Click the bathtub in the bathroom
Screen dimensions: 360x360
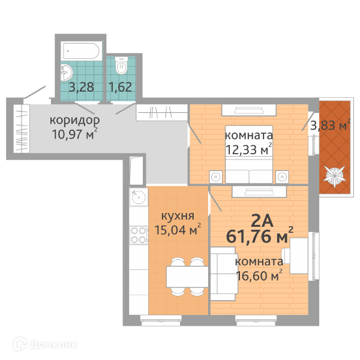pyautogui.click(x=81, y=51)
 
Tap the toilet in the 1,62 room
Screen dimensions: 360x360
pyautogui.click(x=121, y=65)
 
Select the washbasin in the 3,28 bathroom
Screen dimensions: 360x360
pyautogui.click(x=67, y=72)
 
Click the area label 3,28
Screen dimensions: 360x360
pyautogui.click(x=81, y=87)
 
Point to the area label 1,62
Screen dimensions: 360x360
pyautogui.click(x=121, y=87)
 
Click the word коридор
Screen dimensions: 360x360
pyautogui.click(x=74, y=121)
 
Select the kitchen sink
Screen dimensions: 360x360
pyautogui.click(x=139, y=197)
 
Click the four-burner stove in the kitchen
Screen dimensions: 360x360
pyautogui.click(x=138, y=235)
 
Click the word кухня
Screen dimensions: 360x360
pyautogui.click(x=178, y=216)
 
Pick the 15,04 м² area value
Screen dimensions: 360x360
pyautogui.click(x=178, y=229)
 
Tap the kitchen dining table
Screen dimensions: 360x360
pyautogui.click(x=187, y=277)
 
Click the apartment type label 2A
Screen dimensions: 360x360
pyautogui.click(x=262, y=221)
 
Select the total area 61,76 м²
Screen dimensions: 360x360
pyautogui.click(x=260, y=236)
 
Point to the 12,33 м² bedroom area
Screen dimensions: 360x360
pyautogui.click(x=249, y=149)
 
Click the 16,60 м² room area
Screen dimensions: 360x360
pyautogui.click(x=259, y=275)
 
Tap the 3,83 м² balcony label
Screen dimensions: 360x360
pyautogui.click(x=330, y=125)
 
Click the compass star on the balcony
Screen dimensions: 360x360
pyautogui.click(x=335, y=176)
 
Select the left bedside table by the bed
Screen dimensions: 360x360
pyautogui.click(x=216, y=177)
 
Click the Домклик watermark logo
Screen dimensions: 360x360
pyautogui.click(x=45, y=344)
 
